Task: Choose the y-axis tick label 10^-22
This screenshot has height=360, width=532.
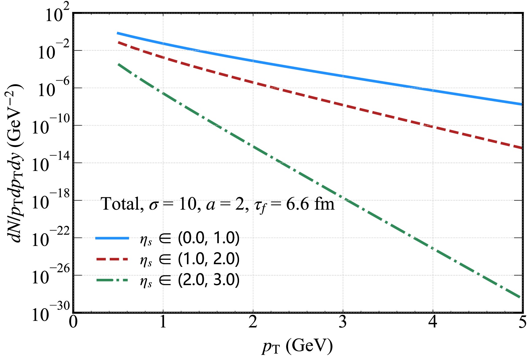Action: point(51,238)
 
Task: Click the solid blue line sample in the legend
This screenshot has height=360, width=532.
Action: point(112,238)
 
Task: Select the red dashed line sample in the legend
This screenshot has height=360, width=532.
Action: point(112,259)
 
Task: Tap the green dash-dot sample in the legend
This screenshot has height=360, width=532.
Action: point(112,280)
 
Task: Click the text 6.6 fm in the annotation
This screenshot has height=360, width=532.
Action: point(310,204)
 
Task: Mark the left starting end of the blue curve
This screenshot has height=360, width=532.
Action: point(118,33)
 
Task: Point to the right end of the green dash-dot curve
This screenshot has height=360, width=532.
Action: point(520,297)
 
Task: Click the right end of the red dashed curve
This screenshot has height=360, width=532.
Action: point(521,148)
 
